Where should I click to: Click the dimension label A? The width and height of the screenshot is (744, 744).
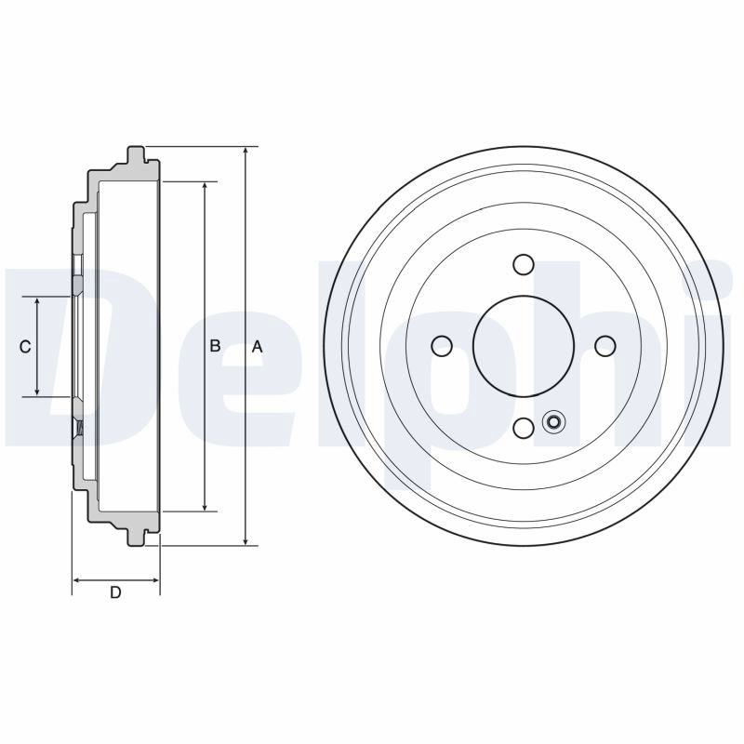(x=257, y=347)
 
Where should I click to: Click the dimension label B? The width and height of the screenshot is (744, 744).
(x=215, y=345)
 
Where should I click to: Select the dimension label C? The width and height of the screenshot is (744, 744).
(x=25, y=347)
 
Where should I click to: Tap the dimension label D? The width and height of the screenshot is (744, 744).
(x=115, y=592)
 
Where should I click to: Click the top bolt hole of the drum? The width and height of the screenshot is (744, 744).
(x=524, y=264)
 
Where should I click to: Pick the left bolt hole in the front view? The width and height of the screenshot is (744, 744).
(x=442, y=345)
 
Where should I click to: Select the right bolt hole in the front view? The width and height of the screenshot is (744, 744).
(x=605, y=346)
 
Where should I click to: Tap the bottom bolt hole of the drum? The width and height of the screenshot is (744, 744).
(x=524, y=428)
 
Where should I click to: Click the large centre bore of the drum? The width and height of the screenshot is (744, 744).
(x=524, y=346)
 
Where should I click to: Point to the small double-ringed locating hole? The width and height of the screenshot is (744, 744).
(x=552, y=421)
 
